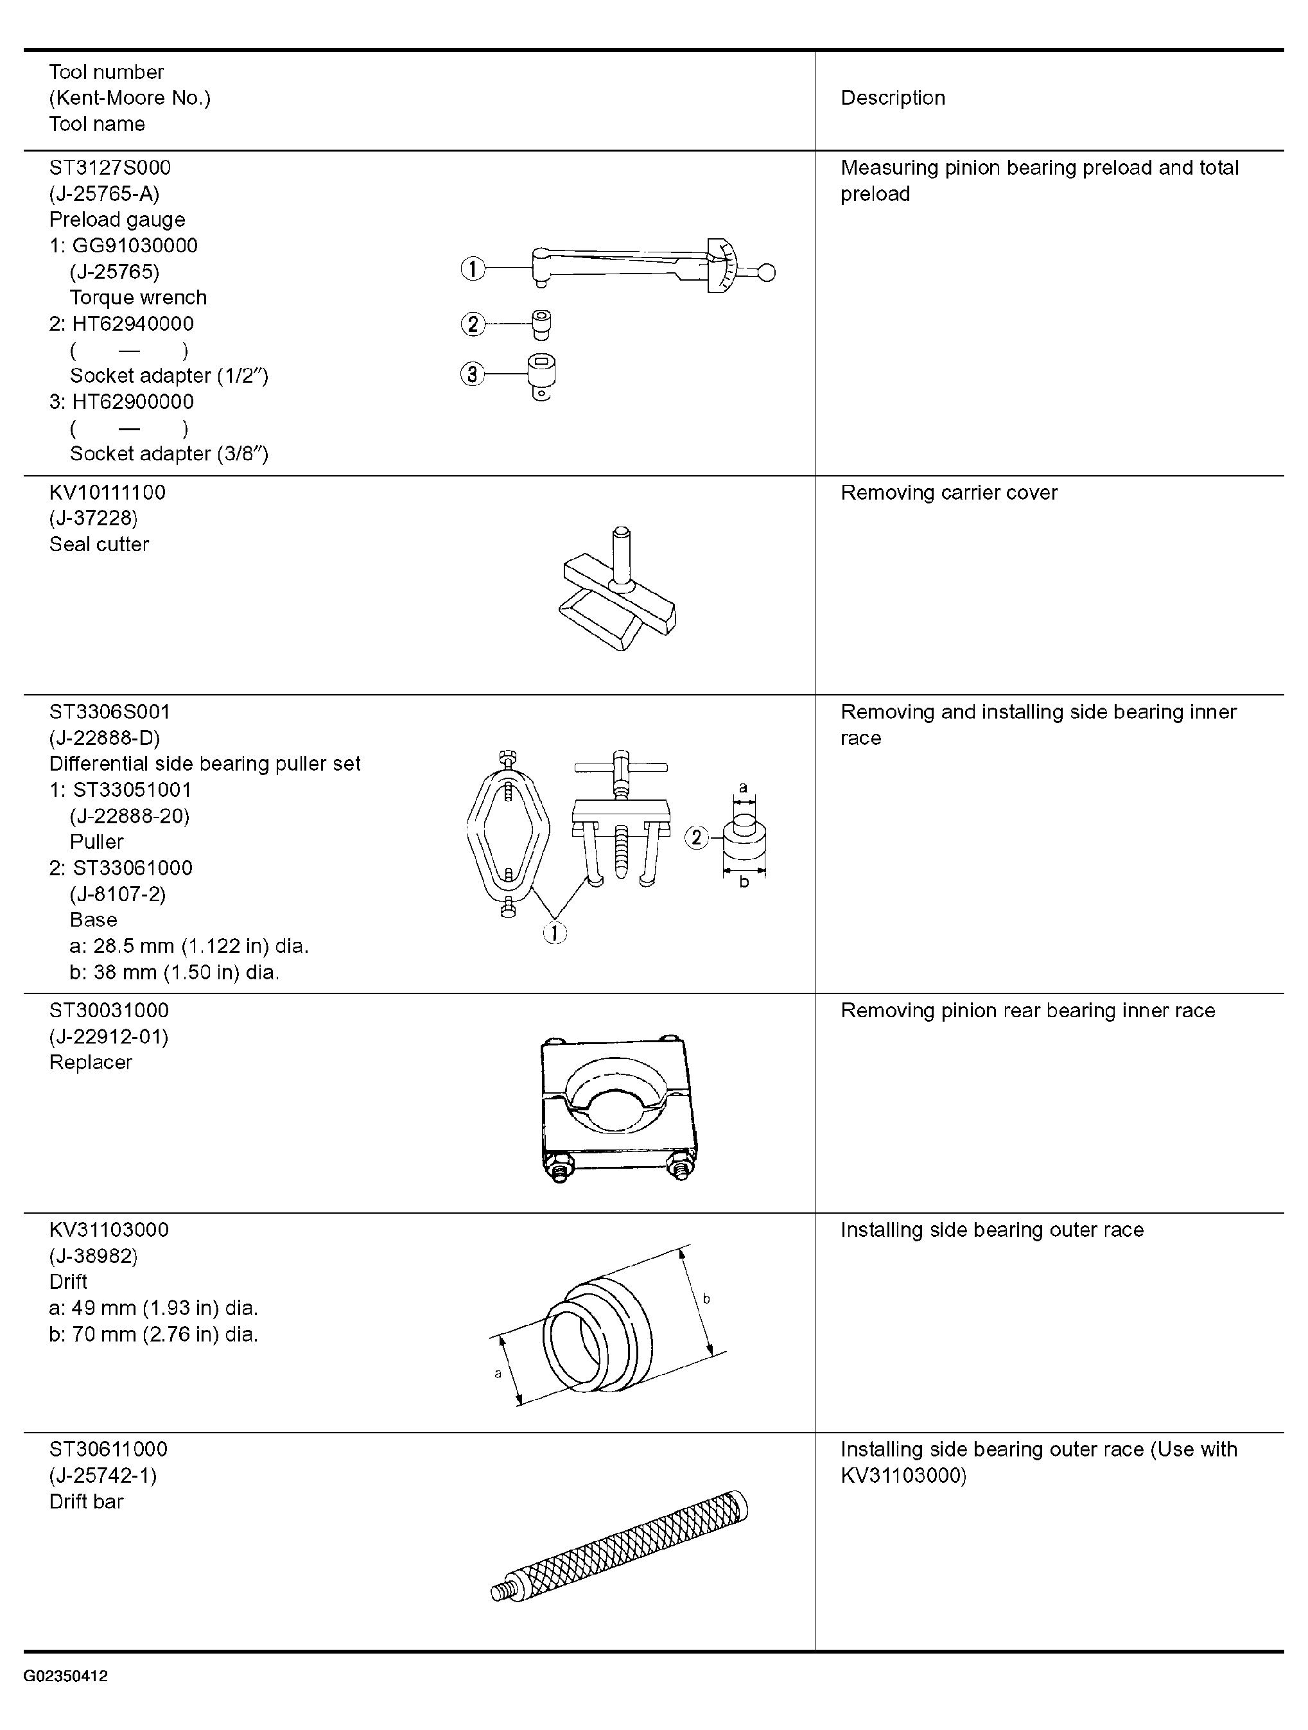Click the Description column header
click(893, 98)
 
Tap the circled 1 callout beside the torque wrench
click(472, 269)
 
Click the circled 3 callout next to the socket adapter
click(472, 374)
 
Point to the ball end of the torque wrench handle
click(767, 272)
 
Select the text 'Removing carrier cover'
click(949, 493)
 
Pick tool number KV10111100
click(108, 493)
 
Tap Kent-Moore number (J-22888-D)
click(105, 737)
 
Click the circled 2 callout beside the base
click(697, 837)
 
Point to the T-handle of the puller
click(621, 768)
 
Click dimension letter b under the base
click(744, 882)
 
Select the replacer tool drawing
click(618, 1109)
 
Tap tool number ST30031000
click(109, 1011)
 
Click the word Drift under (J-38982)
click(68, 1282)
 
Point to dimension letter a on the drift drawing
click(498, 1374)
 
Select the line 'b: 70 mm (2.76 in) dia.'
click(153, 1334)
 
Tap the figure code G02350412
click(65, 1676)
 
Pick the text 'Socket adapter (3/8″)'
click(169, 453)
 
